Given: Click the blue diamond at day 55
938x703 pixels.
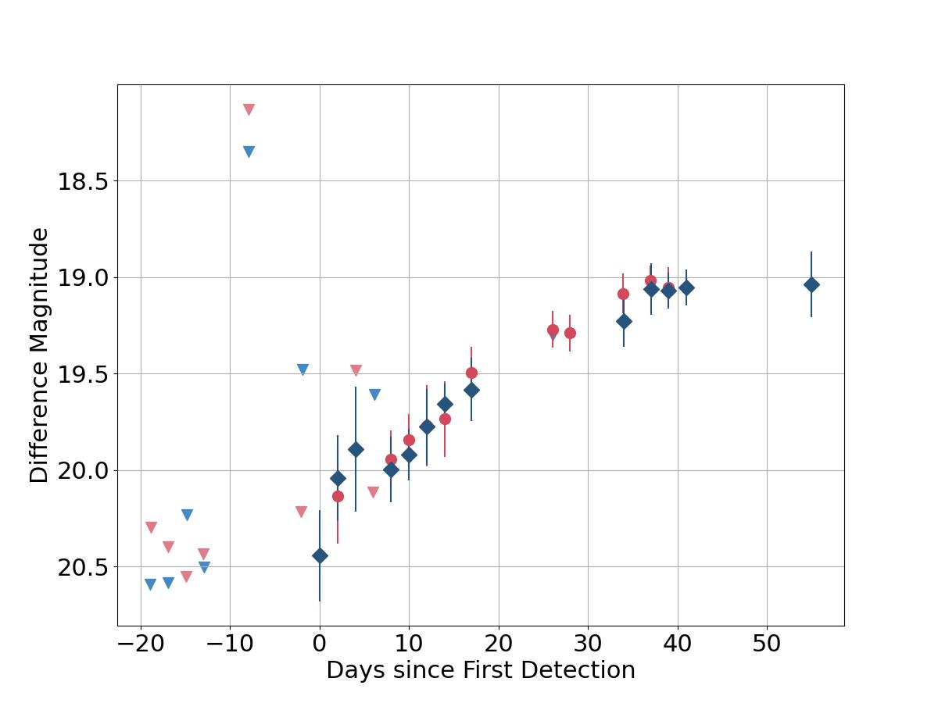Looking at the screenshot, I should click(811, 285).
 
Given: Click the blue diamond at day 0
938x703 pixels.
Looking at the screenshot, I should click(320, 556).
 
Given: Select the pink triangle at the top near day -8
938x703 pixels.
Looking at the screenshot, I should click(249, 109).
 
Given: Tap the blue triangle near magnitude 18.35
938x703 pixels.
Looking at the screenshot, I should click(249, 152).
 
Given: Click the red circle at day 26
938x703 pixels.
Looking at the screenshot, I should click(553, 330).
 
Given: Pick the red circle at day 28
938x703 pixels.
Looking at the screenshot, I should click(570, 333).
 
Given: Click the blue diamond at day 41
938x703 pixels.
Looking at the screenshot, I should click(686, 287).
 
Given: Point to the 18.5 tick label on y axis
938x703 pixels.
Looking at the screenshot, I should click(82, 182).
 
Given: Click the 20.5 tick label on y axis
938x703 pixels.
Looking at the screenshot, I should click(82, 568).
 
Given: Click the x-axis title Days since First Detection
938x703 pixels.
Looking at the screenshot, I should click(480, 670).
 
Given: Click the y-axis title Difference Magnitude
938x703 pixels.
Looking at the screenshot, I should click(39, 355).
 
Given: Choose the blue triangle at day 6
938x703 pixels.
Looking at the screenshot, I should click(374, 394).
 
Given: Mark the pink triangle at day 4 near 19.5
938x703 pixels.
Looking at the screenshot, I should click(356, 370).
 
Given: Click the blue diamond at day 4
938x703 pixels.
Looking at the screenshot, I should click(356, 449).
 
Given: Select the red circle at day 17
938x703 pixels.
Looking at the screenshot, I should click(471, 373).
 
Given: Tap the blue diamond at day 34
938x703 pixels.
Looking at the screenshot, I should click(624, 321).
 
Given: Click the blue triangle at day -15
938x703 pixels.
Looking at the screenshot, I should click(187, 515).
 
